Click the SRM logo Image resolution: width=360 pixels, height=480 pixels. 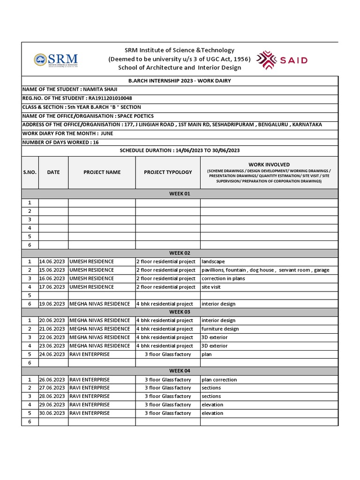(56, 60)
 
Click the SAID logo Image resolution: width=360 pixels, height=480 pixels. (284, 60)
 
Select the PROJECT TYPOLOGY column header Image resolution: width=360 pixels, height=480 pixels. (168, 172)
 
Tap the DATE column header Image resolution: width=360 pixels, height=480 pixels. (53, 172)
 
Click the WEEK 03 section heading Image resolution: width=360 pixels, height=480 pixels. (180, 312)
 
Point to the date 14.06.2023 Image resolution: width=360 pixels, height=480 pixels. (52, 262)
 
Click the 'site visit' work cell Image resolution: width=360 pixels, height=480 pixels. (211, 287)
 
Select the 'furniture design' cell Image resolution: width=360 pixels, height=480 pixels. (220, 329)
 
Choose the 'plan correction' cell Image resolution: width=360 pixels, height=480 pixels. (219, 380)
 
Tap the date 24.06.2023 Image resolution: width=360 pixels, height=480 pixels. (52, 354)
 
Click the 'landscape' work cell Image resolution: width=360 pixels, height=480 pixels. (213, 262)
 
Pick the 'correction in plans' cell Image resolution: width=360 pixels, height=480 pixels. (223, 278)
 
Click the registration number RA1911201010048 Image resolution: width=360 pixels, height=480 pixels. (110, 98)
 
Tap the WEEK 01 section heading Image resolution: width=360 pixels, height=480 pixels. (180, 194)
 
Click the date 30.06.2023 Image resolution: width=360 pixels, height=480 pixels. (52, 413)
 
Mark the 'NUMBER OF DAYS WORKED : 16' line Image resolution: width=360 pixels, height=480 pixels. (60, 142)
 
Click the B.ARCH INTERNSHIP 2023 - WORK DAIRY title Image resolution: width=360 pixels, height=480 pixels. (180, 81)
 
